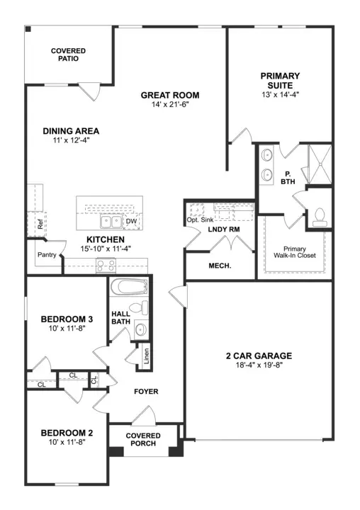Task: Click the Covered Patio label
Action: pos(69,55)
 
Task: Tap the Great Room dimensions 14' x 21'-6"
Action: pos(169,104)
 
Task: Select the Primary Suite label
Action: pos(280,80)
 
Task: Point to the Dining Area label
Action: pos(71,131)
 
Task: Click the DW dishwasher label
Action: pos(130,222)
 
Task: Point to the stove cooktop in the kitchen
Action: pos(106,266)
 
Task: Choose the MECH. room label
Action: pos(220,266)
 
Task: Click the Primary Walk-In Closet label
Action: pos(295,251)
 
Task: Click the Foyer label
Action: pos(146,391)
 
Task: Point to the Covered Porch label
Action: pos(143,439)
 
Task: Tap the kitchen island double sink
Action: pos(109,222)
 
